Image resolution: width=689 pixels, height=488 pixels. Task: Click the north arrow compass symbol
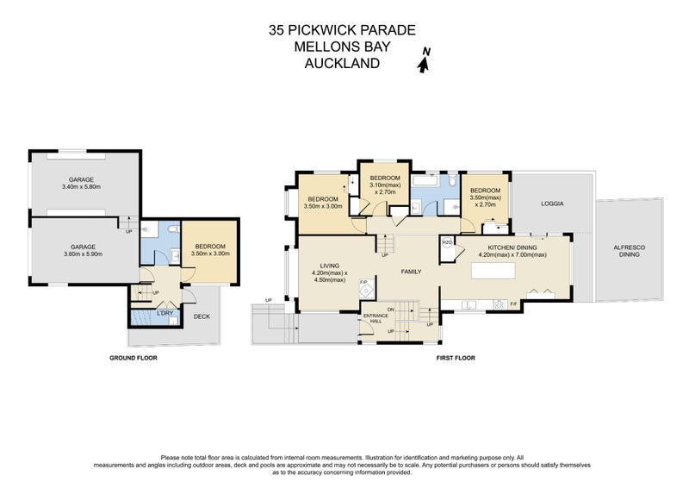[424, 62]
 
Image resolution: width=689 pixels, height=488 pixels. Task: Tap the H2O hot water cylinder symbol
[447, 243]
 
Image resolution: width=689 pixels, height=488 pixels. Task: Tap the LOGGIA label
[552, 204]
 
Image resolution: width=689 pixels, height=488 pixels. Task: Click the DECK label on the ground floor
[202, 316]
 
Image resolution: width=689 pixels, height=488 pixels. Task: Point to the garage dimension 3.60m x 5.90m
[82, 250]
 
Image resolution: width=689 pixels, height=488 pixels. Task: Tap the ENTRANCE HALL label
[376, 317]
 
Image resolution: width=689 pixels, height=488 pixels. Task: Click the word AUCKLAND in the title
[342, 62]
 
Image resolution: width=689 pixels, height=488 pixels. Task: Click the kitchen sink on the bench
[470, 303]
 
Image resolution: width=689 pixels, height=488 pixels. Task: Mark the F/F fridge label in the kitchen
[513, 303]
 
